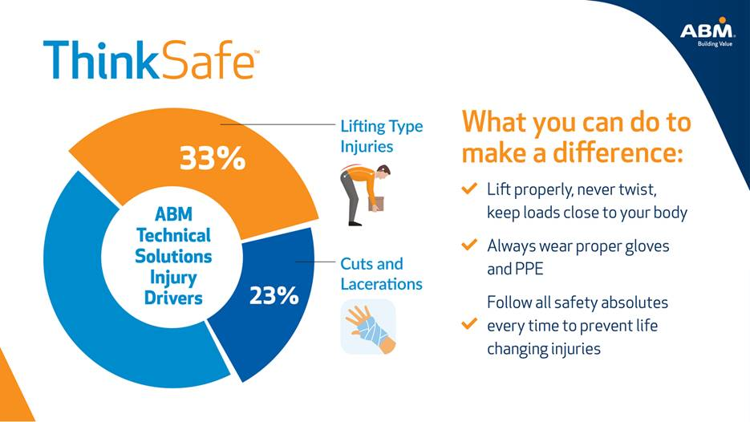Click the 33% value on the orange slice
click(212, 159)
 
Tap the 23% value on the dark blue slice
click(274, 296)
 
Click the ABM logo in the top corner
click(707, 33)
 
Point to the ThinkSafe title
click(151, 61)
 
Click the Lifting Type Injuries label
click(381, 136)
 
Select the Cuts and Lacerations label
click(381, 274)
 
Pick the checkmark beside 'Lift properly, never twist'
click(469, 189)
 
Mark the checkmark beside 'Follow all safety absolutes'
click(469, 325)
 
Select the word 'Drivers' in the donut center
click(173, 298)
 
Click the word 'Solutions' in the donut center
click(173, 256)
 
